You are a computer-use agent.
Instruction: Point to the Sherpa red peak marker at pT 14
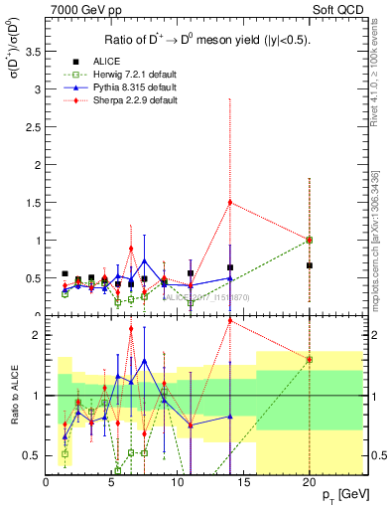(230, 202)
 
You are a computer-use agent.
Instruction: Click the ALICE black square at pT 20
(310, 265)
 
